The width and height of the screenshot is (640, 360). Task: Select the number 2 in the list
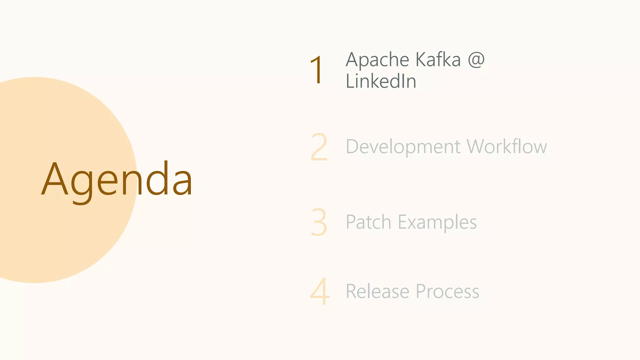click(x=319, y=147)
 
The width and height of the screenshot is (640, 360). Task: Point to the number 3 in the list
click(x=319, y=222)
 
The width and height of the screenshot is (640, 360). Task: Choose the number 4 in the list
click(x=320, y=291)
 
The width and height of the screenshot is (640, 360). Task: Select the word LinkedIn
click(x=381, y=81)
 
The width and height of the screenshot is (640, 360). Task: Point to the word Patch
click(x=368, y=222)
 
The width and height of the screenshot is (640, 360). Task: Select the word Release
click(x=377, y=292)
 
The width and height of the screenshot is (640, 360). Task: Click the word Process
click(x=447, y=292)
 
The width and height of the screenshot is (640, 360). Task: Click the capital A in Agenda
click(x=55, y=179)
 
